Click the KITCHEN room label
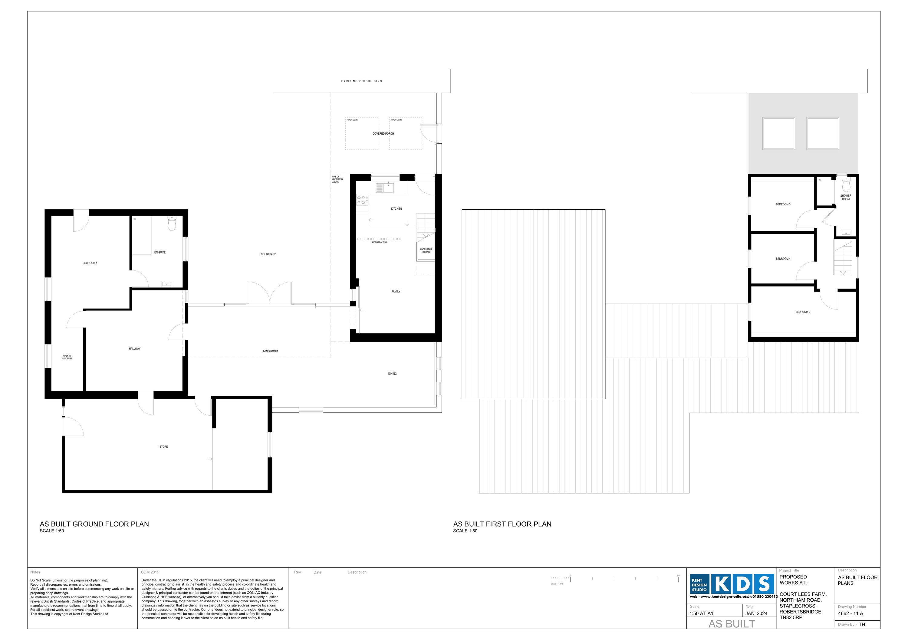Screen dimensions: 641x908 click(396, 209)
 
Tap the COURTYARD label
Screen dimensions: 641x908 click(268, 254)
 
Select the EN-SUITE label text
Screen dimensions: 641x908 click(160, 252)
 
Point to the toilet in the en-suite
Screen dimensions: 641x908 click(172, 224)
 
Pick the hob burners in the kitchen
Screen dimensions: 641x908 click(361, 200)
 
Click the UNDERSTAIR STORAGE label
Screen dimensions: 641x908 click(426, 250)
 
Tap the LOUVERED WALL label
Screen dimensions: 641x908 click(379, 242)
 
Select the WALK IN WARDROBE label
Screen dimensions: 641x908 click(67, 357)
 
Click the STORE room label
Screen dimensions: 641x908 click(163, 446)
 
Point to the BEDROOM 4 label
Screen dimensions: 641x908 click(783, 259)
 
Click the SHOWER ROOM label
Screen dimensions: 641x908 click(846, 197)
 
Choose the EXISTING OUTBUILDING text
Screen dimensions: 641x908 click(361, 81)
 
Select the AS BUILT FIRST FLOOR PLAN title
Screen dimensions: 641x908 click(502, 524)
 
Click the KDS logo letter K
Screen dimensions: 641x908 click(722, 584)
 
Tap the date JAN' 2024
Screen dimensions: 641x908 click(756, 613)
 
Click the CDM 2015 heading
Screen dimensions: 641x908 click(150, 572)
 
